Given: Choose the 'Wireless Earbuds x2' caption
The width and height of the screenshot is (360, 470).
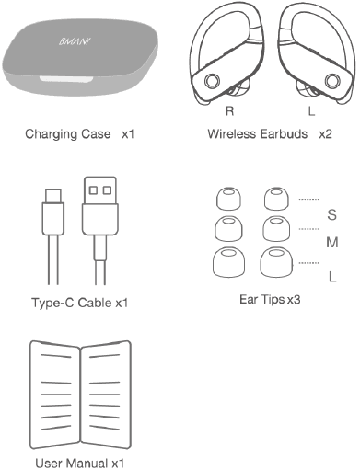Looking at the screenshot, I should point(270,134).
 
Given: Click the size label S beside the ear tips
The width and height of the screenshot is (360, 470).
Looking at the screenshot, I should point(331,215).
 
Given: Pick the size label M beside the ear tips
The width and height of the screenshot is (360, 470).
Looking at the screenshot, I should point(331,244).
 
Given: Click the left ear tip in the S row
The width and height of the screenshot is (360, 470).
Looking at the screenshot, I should point(225,200).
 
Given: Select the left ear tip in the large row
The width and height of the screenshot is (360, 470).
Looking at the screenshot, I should point(226,263).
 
